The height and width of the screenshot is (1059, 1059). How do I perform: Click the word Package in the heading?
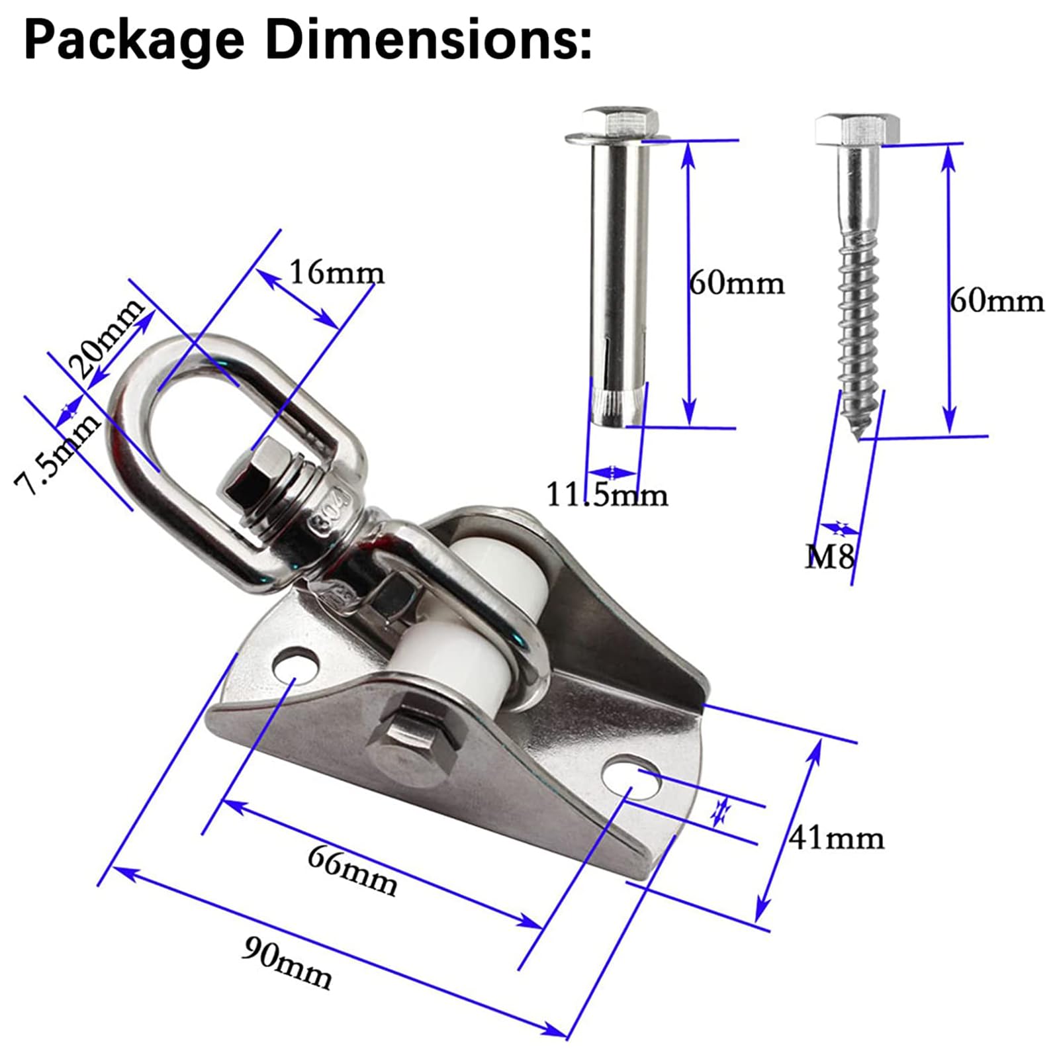134,41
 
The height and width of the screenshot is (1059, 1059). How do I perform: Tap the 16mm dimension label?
336,272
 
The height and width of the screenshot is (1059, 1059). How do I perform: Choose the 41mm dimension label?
836,838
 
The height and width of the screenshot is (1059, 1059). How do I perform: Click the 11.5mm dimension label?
607,494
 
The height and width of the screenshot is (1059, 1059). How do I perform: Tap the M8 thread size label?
829,557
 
